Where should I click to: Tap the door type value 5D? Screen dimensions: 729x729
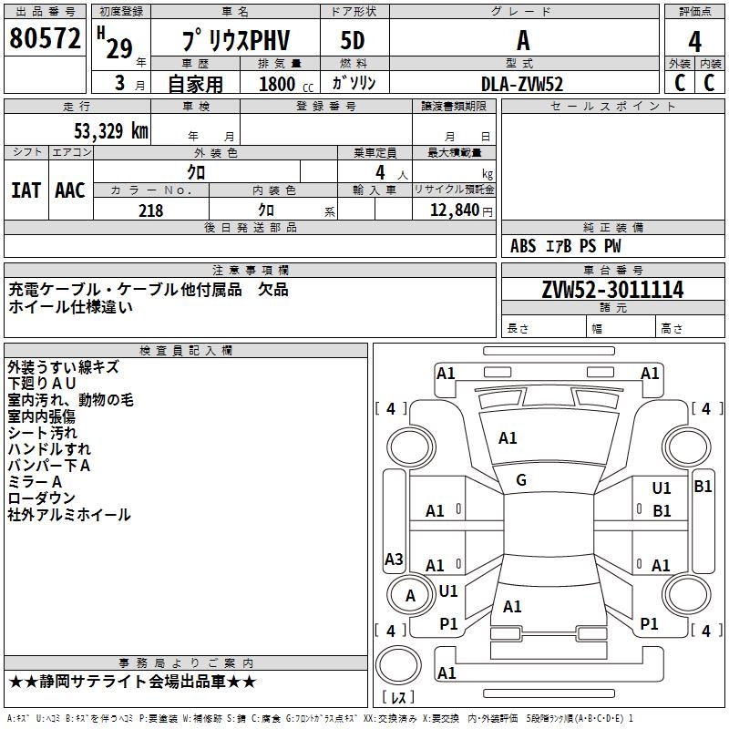[354, 42]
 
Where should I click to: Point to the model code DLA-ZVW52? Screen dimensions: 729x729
[522, 84]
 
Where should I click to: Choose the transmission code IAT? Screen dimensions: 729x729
[26, 190]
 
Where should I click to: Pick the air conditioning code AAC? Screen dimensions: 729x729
[70, 190]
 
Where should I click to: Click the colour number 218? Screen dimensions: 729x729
[150, 210]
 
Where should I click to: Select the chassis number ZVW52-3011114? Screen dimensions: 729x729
[612, 291]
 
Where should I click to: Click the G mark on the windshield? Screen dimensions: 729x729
[521, 480]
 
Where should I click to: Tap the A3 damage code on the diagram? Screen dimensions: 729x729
[394, 559]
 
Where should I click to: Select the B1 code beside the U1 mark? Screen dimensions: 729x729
[662, 511]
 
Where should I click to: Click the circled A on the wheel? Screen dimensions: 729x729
[410, 595]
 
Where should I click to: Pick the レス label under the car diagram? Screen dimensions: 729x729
[397, 699]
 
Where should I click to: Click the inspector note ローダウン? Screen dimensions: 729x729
[41, 498]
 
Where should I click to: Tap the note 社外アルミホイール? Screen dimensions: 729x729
[69, 515]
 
